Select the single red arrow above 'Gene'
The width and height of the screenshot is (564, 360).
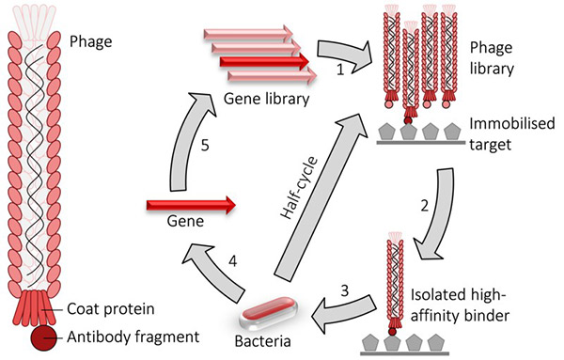coord(188,202)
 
